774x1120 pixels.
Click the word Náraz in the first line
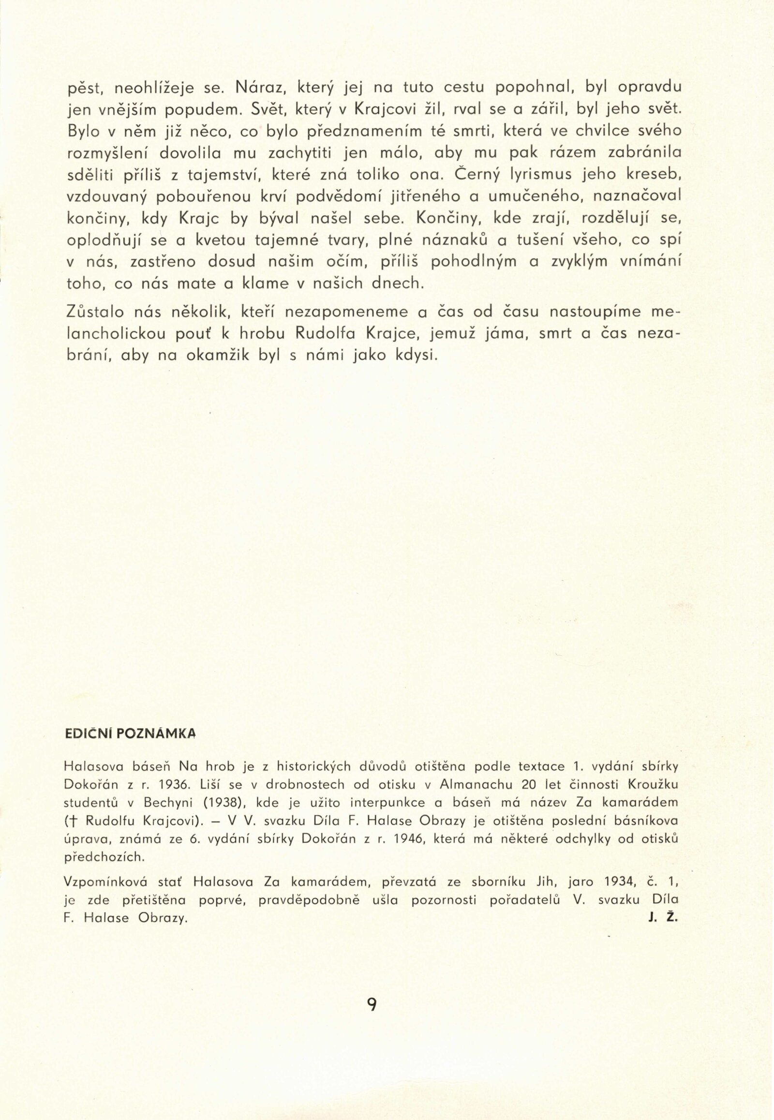click(x=256, y=88)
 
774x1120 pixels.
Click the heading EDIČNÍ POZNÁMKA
click(x=130, y=733)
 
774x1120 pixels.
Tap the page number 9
click(x=372, y=1004)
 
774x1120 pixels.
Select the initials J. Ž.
click(x=662, y=918)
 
